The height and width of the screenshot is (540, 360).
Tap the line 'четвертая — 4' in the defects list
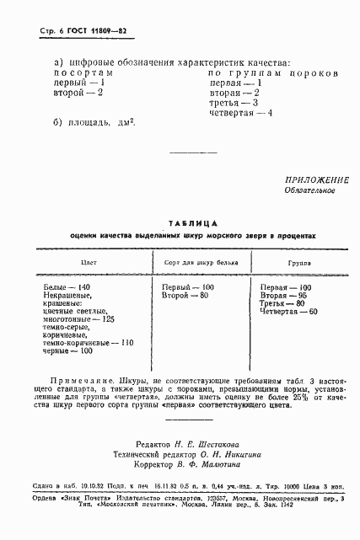(x=240, y=113)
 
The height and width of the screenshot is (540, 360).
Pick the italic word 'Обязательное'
(x=311, y=190)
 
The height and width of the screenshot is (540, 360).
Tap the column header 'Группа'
(x=298, y=263)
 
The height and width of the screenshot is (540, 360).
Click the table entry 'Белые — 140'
(x=67, y=287)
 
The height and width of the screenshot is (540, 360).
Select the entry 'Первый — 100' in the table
(x=188, y=287)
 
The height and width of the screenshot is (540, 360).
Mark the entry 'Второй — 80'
(x=185, y=296)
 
